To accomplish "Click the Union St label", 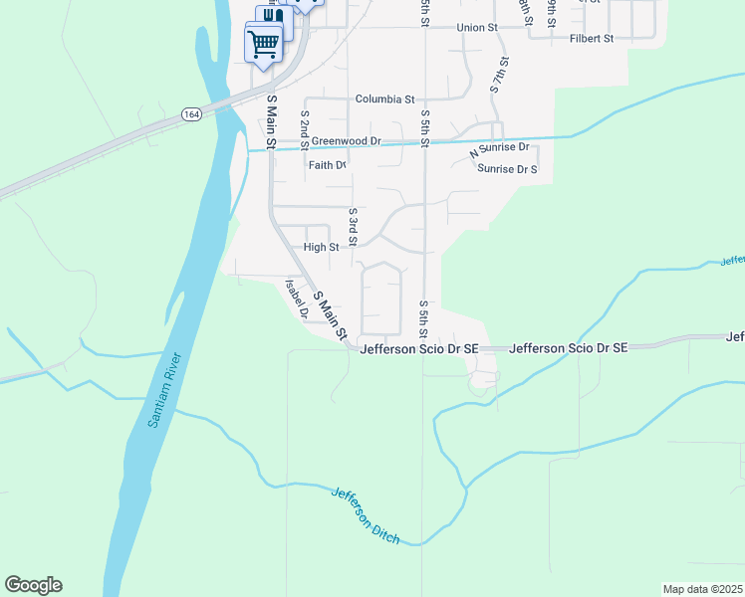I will click(476, 28).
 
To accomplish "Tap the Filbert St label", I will click(592, 38).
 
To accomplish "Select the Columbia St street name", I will click(384, 99).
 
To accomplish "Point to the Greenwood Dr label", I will click(346, 142).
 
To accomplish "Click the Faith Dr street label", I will click(327, 165).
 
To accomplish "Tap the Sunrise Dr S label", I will click(507, 169).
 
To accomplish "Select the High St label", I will click(321, 247).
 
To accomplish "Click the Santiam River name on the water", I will click(166, 389).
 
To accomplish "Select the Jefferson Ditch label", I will click(366, 515).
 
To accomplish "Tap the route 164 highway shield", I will click(190, 115).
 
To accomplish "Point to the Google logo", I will click(33, 585).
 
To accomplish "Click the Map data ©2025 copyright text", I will click(702, 588).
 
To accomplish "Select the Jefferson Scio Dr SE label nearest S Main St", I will click(419, 349).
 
